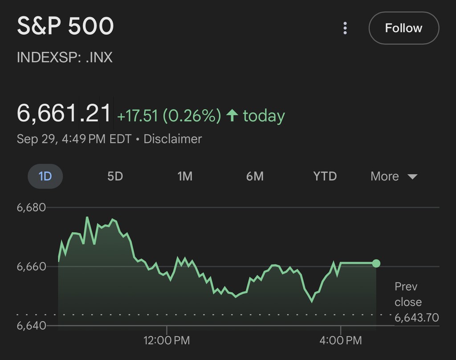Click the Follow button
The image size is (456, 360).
(403, 28)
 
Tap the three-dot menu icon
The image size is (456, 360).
(345, 28)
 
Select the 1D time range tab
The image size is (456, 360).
(45, 176)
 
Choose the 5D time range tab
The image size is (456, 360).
(115, 176)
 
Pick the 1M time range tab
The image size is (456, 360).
(185, 176)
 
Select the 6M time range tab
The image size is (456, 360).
(255, 176)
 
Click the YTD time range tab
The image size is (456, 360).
(325, 176)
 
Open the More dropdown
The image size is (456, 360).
(394, 176)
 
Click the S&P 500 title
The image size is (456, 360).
(65, 26)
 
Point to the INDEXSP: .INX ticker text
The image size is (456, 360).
(65, 57)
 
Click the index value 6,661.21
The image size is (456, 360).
(64, 113)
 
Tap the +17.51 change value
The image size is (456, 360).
(137, 116)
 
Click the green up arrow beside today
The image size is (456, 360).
(232, 116)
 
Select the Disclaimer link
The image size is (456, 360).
(172, 139)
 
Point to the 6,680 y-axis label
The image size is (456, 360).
(31, 208)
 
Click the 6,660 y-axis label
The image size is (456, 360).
(31, 266)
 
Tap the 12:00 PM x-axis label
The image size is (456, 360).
(167, 341)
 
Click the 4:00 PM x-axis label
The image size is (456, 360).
(340, 341)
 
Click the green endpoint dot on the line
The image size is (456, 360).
(376, 263)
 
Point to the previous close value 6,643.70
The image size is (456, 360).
(416, 318)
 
